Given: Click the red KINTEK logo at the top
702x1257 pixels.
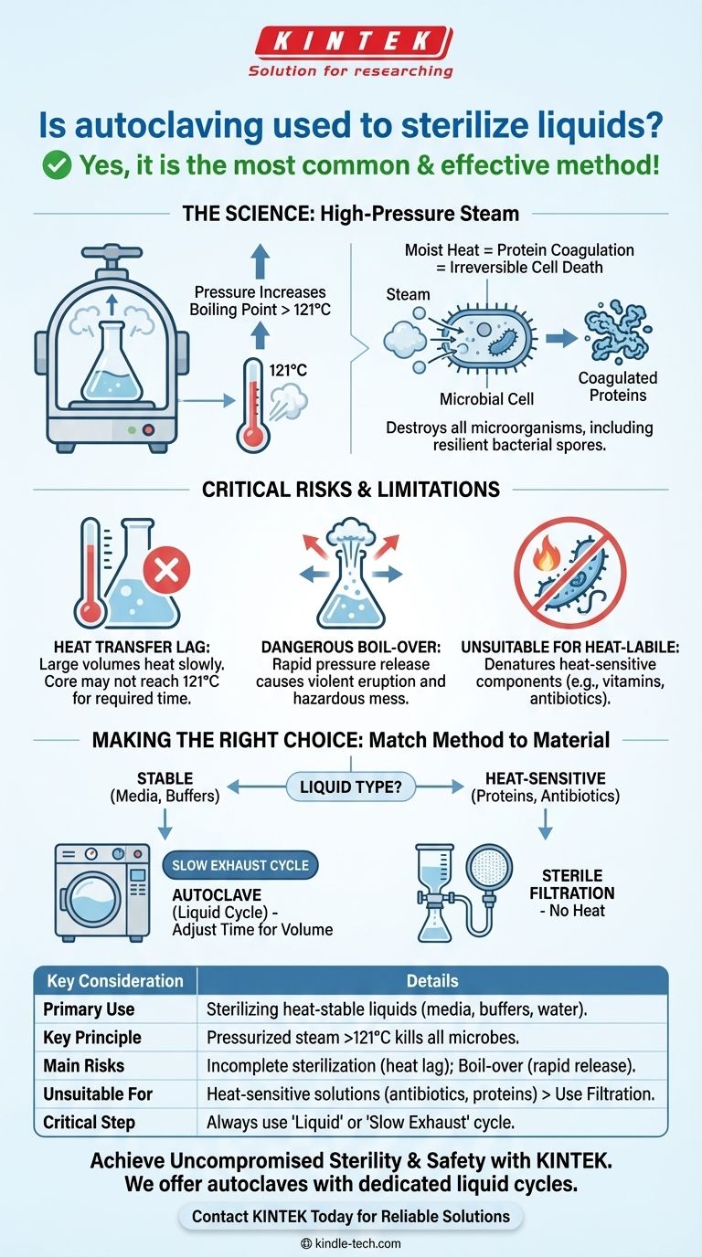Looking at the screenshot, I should pyautogui.click(x=351, y=44).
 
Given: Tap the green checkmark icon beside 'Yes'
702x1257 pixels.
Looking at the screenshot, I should pyautogui.click(x=58, y=165).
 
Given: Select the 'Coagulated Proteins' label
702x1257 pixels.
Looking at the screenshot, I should pyautogui.click(x=618, y=386).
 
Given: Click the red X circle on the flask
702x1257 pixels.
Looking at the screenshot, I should pyautogui.click(x=166, y=572).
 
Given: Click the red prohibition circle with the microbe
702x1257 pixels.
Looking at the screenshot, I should pyautogui.click(x=569, y=572).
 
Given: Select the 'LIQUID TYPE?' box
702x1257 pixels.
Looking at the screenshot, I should pyautogui.click(x=351, y=785).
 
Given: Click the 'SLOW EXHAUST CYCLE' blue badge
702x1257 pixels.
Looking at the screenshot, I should pyautogui.click(x=240, y=865).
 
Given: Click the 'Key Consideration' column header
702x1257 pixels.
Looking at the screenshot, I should pyautogui.click(x=115, y=981).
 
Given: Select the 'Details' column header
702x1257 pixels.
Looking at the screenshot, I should pyautogui.click(x=432, y=981).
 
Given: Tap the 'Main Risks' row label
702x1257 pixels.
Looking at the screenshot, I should pyautogui.click(x=84, y=1065).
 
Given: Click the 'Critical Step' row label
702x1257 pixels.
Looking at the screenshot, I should pyautogui.click(x=89, y=1122).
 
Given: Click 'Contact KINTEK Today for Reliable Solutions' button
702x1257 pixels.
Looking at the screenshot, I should pyautogui.click(x=351, y=1216).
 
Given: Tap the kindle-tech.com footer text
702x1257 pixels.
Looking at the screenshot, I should pyautogui.click(x=351, y=1243).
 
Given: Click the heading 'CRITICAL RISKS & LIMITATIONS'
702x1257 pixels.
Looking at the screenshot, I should pyautogui.click(x=351, y=489).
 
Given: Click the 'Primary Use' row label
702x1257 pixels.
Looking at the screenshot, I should pyautogui.click(x=89, y=1009).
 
